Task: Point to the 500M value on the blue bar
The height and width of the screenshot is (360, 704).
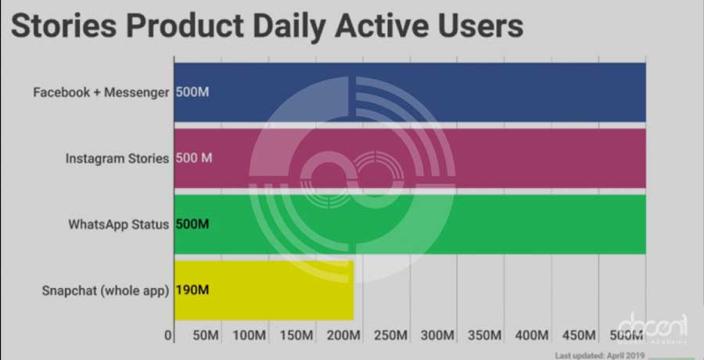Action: click(x=192, y=92)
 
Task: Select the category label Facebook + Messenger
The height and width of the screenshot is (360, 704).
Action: click(x=101, y=92)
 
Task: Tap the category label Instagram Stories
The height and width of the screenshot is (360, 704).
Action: click(x=117, y=158)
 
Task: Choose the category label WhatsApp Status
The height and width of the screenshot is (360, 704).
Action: click(x=118, y=225)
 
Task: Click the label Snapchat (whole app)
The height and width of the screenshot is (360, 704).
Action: click(x=106, y=291)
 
